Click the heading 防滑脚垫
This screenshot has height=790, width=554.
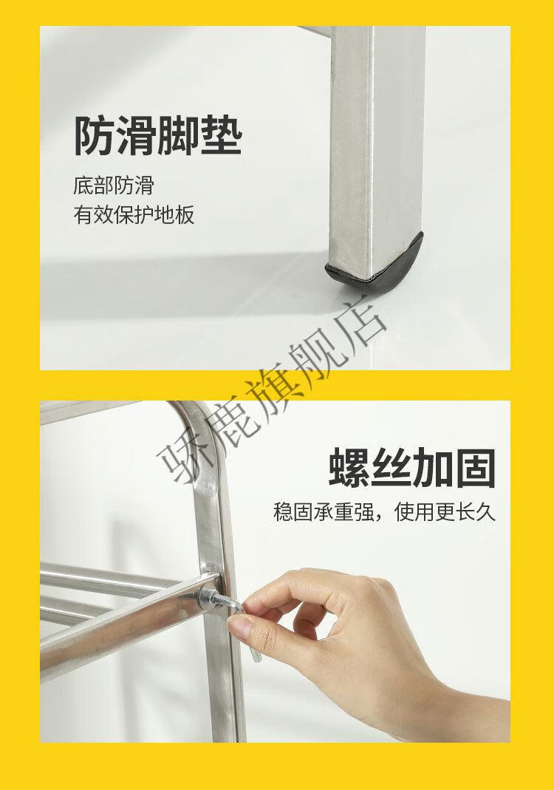[158, 136]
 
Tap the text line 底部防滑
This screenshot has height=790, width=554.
[113, 185]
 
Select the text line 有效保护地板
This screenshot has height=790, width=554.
[134, 214]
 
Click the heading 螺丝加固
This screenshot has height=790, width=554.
[412, 468]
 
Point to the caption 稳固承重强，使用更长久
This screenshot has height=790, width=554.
[385, 512]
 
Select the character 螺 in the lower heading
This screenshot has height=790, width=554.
[349, 468]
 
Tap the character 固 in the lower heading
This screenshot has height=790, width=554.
[476, 468]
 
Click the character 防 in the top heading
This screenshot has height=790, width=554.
[95, 136]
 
